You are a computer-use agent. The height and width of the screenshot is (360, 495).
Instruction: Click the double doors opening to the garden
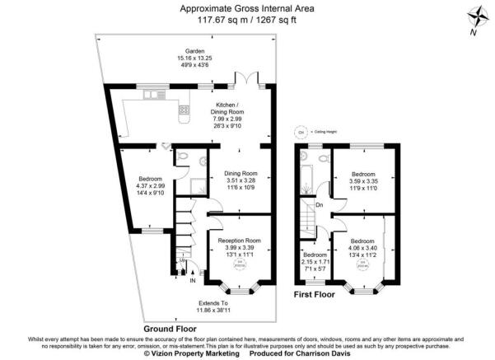(245, 80)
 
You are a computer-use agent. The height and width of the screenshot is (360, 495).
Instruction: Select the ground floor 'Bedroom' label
(150, 179)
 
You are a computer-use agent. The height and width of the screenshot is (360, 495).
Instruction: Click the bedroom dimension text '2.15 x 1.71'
(313, 261)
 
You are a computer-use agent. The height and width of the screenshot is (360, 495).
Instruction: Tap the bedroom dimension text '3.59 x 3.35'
(363, 182)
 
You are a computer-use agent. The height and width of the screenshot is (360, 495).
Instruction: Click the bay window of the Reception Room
(240, 291)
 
